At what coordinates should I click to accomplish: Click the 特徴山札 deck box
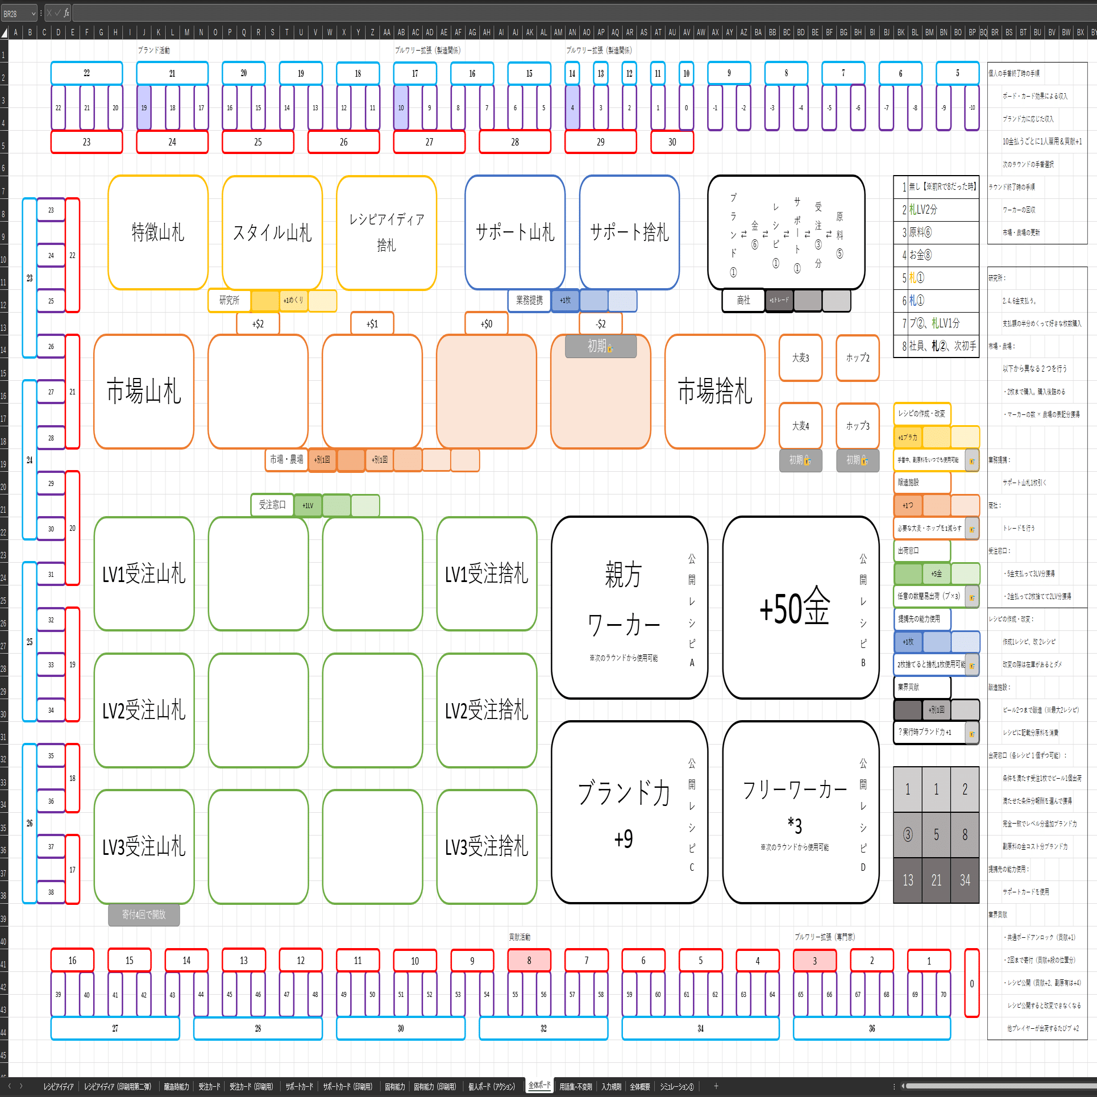pos(158,232)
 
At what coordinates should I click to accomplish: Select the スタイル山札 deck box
pos(272,232)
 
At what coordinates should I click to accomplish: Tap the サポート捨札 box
pos(629,232)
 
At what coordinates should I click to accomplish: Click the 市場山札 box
pos(144,392)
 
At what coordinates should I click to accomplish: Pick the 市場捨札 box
pos(715,392)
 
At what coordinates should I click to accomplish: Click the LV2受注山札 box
pos(144,710)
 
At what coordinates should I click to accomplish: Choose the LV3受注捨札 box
pos(487,846)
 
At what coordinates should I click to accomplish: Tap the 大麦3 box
pos(800,358)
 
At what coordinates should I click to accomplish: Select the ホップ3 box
pos(858,426)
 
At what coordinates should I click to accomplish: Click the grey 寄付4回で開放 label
pos(144,915)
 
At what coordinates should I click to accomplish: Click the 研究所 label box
pos(230,300)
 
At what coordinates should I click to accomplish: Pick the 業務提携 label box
pos(529,300)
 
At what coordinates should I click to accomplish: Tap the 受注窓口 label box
pos(272,505)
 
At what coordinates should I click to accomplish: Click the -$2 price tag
pos(601,323)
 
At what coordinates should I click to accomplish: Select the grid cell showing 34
pos(965,880)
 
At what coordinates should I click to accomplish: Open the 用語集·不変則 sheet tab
pos(575,1086)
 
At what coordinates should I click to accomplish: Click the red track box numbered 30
pos(672,142)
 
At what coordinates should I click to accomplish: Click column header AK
pos(530,32)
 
